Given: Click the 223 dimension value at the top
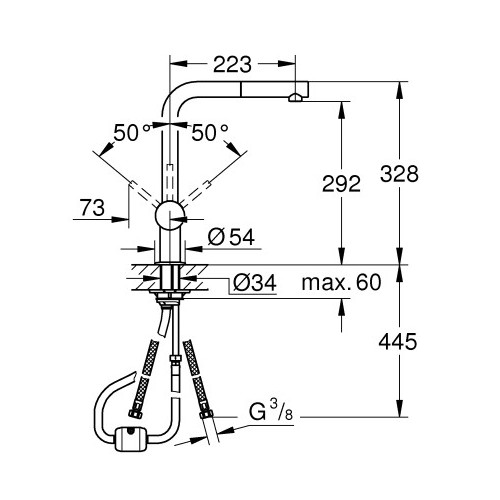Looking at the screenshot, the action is (x=232, y=64).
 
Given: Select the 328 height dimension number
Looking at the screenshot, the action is (x=399, y=174).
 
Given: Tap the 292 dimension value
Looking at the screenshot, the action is (x=341, y=183).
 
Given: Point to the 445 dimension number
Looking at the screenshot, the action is (x=398, y=341).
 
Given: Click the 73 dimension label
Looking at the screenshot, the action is (x=92, y=207).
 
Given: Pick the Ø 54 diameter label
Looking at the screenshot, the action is (x=231, y=237).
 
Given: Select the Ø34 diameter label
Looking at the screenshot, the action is (x=255, y=283).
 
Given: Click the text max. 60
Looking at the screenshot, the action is (x=341, y=282).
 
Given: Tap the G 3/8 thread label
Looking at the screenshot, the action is (x=271, y=411).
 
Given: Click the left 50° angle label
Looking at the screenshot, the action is (x=130, y=132).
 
